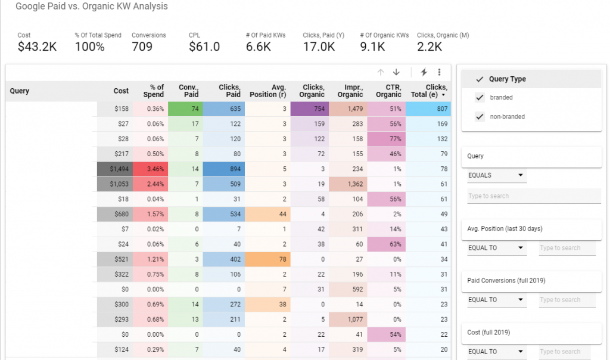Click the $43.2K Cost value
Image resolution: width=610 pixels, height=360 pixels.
tap(37, 47)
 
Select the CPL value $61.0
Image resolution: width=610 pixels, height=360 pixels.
tap(204, 47)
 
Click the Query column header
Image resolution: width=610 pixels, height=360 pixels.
tap(20, 91)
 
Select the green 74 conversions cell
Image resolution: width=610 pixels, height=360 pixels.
tap(185, 109)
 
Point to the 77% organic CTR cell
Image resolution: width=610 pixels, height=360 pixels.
tap(387, 139)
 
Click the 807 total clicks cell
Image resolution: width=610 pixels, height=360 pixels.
tap(428, 109)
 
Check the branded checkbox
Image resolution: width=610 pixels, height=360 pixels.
tap(480, 98)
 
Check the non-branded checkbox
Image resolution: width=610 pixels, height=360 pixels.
tap(480, 117)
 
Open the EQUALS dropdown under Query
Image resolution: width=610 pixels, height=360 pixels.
tap(496, 176)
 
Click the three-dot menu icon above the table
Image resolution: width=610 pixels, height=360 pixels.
tap(439, 72)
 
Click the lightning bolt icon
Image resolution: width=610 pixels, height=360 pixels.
tap(424, 72)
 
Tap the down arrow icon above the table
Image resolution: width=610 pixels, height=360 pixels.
tap(396, 72)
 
